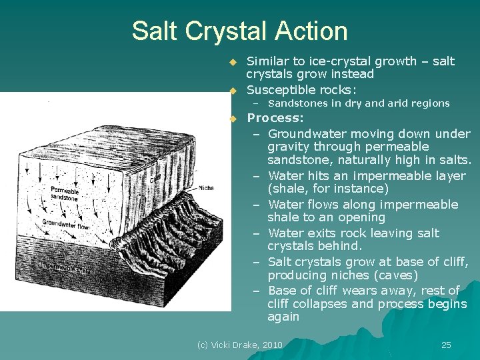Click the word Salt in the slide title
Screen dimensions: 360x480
(x=153, y=31)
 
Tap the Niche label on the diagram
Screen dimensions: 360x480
(x=206, y=188)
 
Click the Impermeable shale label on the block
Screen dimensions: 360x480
(x=63, y=267)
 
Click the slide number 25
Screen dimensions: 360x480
(x=446, y=345)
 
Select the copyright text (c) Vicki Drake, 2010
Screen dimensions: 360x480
(x=240, y=345)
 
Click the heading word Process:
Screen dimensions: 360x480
(x=275, y=118)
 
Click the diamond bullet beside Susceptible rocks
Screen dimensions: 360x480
(x=233, y=90)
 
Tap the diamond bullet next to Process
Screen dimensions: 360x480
(x=233, y=119)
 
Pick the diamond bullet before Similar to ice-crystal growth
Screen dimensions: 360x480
(x=233, y=61)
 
